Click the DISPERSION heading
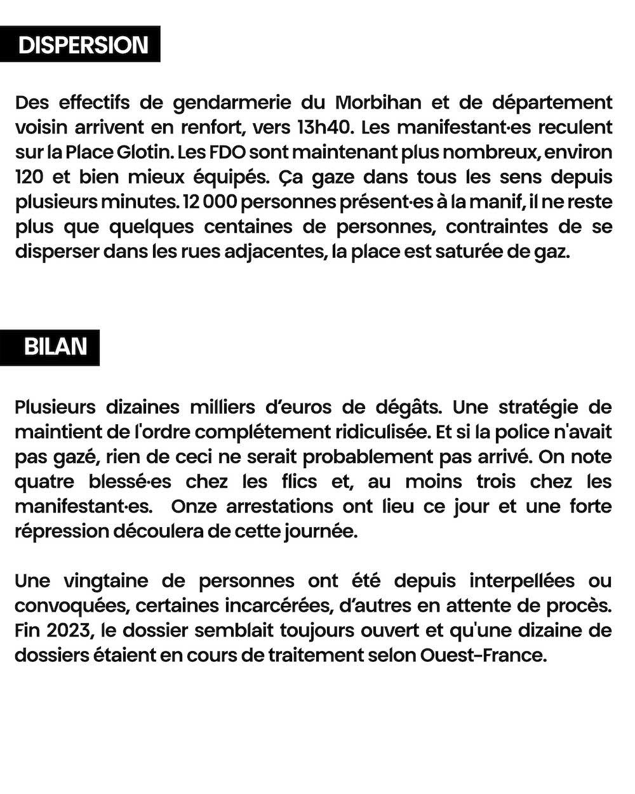coord(83,45)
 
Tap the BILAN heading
coord(55,347)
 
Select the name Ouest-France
coord(483,655)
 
